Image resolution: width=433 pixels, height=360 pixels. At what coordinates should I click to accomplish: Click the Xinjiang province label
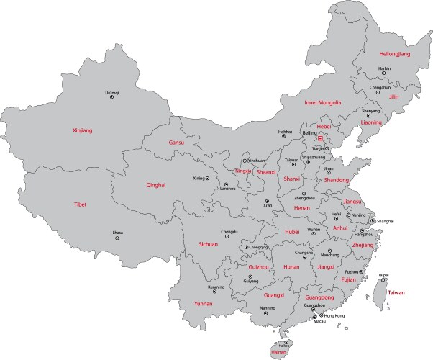tap(83, 130)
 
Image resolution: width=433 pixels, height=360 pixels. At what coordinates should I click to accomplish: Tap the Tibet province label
tap(80, 204)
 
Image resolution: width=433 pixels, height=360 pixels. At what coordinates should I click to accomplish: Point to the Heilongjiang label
tap(395, 54)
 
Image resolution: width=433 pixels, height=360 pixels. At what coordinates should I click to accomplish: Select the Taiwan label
tap(397, 293)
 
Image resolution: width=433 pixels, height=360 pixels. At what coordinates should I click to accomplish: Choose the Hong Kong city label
tap(334, 315)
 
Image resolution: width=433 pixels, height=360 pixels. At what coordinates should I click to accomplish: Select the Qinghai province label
tap(155, 185)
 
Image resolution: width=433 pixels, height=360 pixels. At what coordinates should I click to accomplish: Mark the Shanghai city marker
tap(371, 221)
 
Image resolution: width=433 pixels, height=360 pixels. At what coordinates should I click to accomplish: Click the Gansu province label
tap(176, 143)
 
